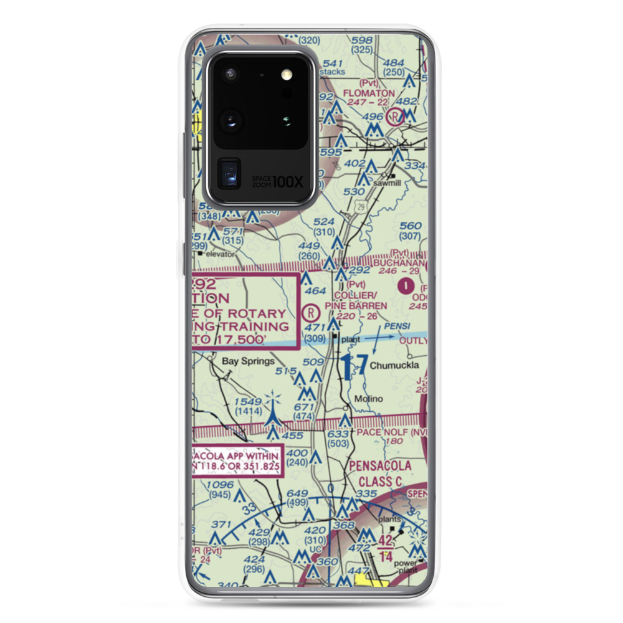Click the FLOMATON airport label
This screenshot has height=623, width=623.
(374, 93)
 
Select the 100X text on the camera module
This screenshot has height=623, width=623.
(289, 182)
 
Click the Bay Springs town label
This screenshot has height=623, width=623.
(248, 361)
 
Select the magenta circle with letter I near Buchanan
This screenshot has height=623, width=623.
(406, 286)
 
